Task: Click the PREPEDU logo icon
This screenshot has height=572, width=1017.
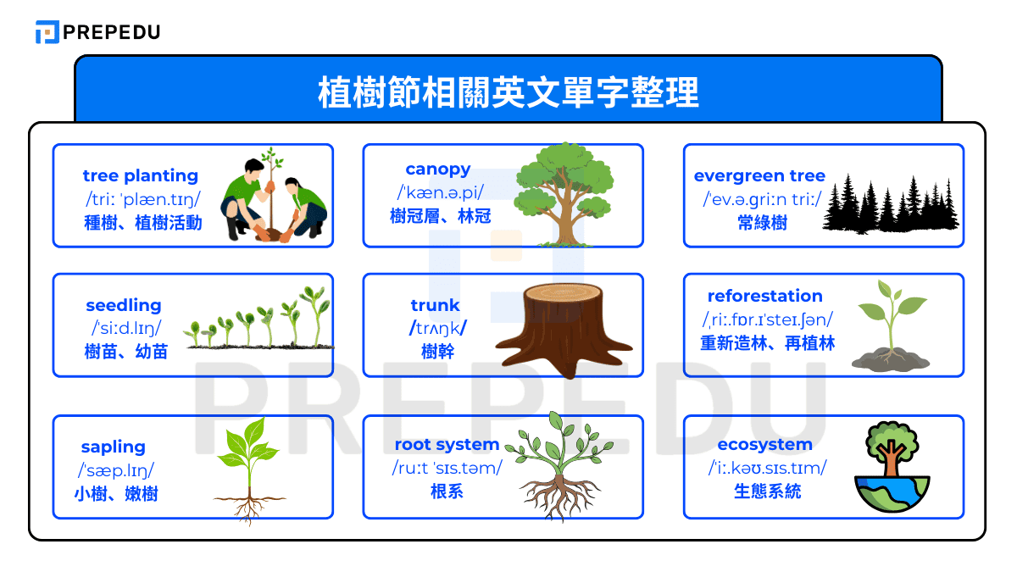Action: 47,32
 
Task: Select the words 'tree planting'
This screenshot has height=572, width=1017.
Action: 141,175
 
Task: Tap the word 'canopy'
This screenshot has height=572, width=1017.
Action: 438,169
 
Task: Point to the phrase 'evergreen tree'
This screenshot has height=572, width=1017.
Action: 759,175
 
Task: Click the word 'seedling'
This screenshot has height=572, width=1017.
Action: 124,305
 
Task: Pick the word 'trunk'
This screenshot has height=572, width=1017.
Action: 436,305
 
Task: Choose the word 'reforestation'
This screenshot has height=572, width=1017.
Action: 765,296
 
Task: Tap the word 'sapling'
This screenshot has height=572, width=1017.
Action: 114,447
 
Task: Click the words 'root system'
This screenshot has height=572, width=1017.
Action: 447,444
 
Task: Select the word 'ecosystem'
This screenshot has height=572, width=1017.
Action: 765,444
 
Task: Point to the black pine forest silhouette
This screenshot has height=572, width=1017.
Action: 890,203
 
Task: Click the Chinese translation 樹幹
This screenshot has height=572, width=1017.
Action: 438,351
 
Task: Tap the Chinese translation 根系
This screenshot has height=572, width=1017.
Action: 447,491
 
